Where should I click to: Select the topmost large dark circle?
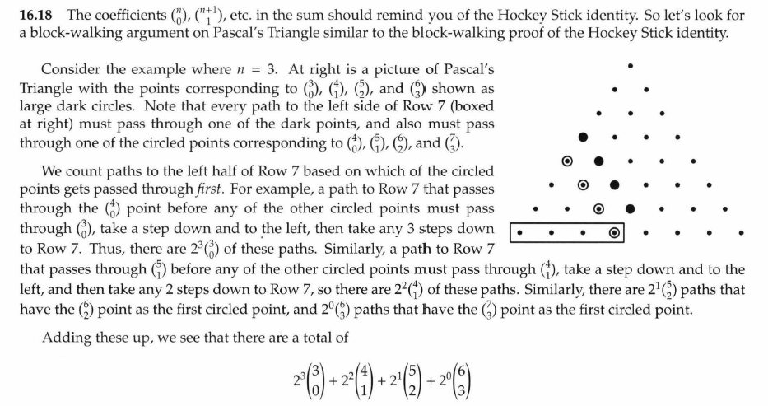pos(584,136)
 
